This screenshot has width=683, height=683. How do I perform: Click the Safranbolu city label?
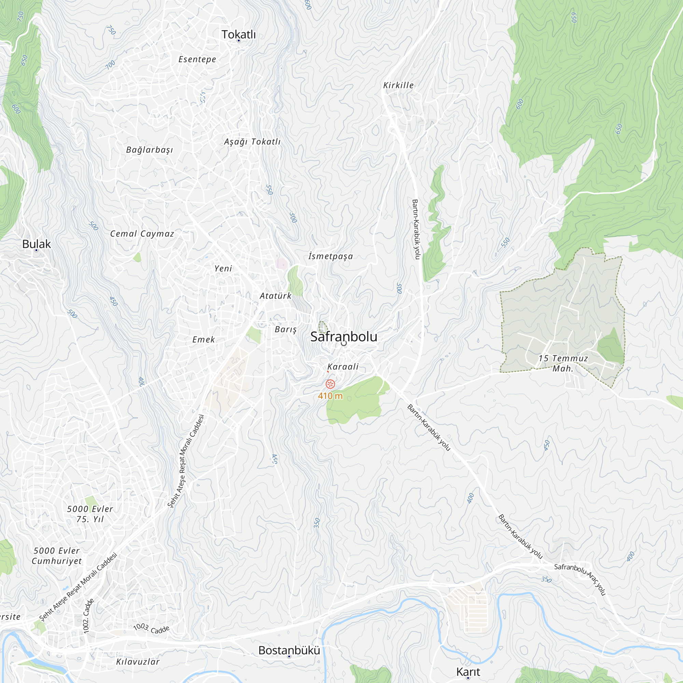pos(344,337)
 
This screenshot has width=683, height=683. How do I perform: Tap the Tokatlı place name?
pos(239,34)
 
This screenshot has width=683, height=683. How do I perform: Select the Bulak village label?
pos(37,244)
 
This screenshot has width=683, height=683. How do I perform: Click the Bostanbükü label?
pos(289,651)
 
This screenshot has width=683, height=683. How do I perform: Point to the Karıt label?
pos(468,672)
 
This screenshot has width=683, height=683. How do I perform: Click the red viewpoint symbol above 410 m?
pos(330,384)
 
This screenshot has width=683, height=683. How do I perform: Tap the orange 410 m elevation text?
pos(330,396)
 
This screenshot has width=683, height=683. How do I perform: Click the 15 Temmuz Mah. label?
pos(563,363)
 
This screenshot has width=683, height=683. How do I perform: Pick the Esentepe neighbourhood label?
pos(197,59)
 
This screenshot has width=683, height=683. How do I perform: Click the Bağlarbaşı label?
pos(150,150)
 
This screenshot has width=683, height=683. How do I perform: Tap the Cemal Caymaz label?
pos(142,234)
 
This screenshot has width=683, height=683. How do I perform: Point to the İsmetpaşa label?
pos(331,256)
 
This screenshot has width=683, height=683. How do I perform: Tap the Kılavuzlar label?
pos(138,662)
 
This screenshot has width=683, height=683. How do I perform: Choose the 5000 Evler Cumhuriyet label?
pos(57,556)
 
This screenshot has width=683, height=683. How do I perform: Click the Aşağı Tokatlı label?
pos(252,142)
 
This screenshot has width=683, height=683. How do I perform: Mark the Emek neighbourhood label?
pos(204,340)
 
